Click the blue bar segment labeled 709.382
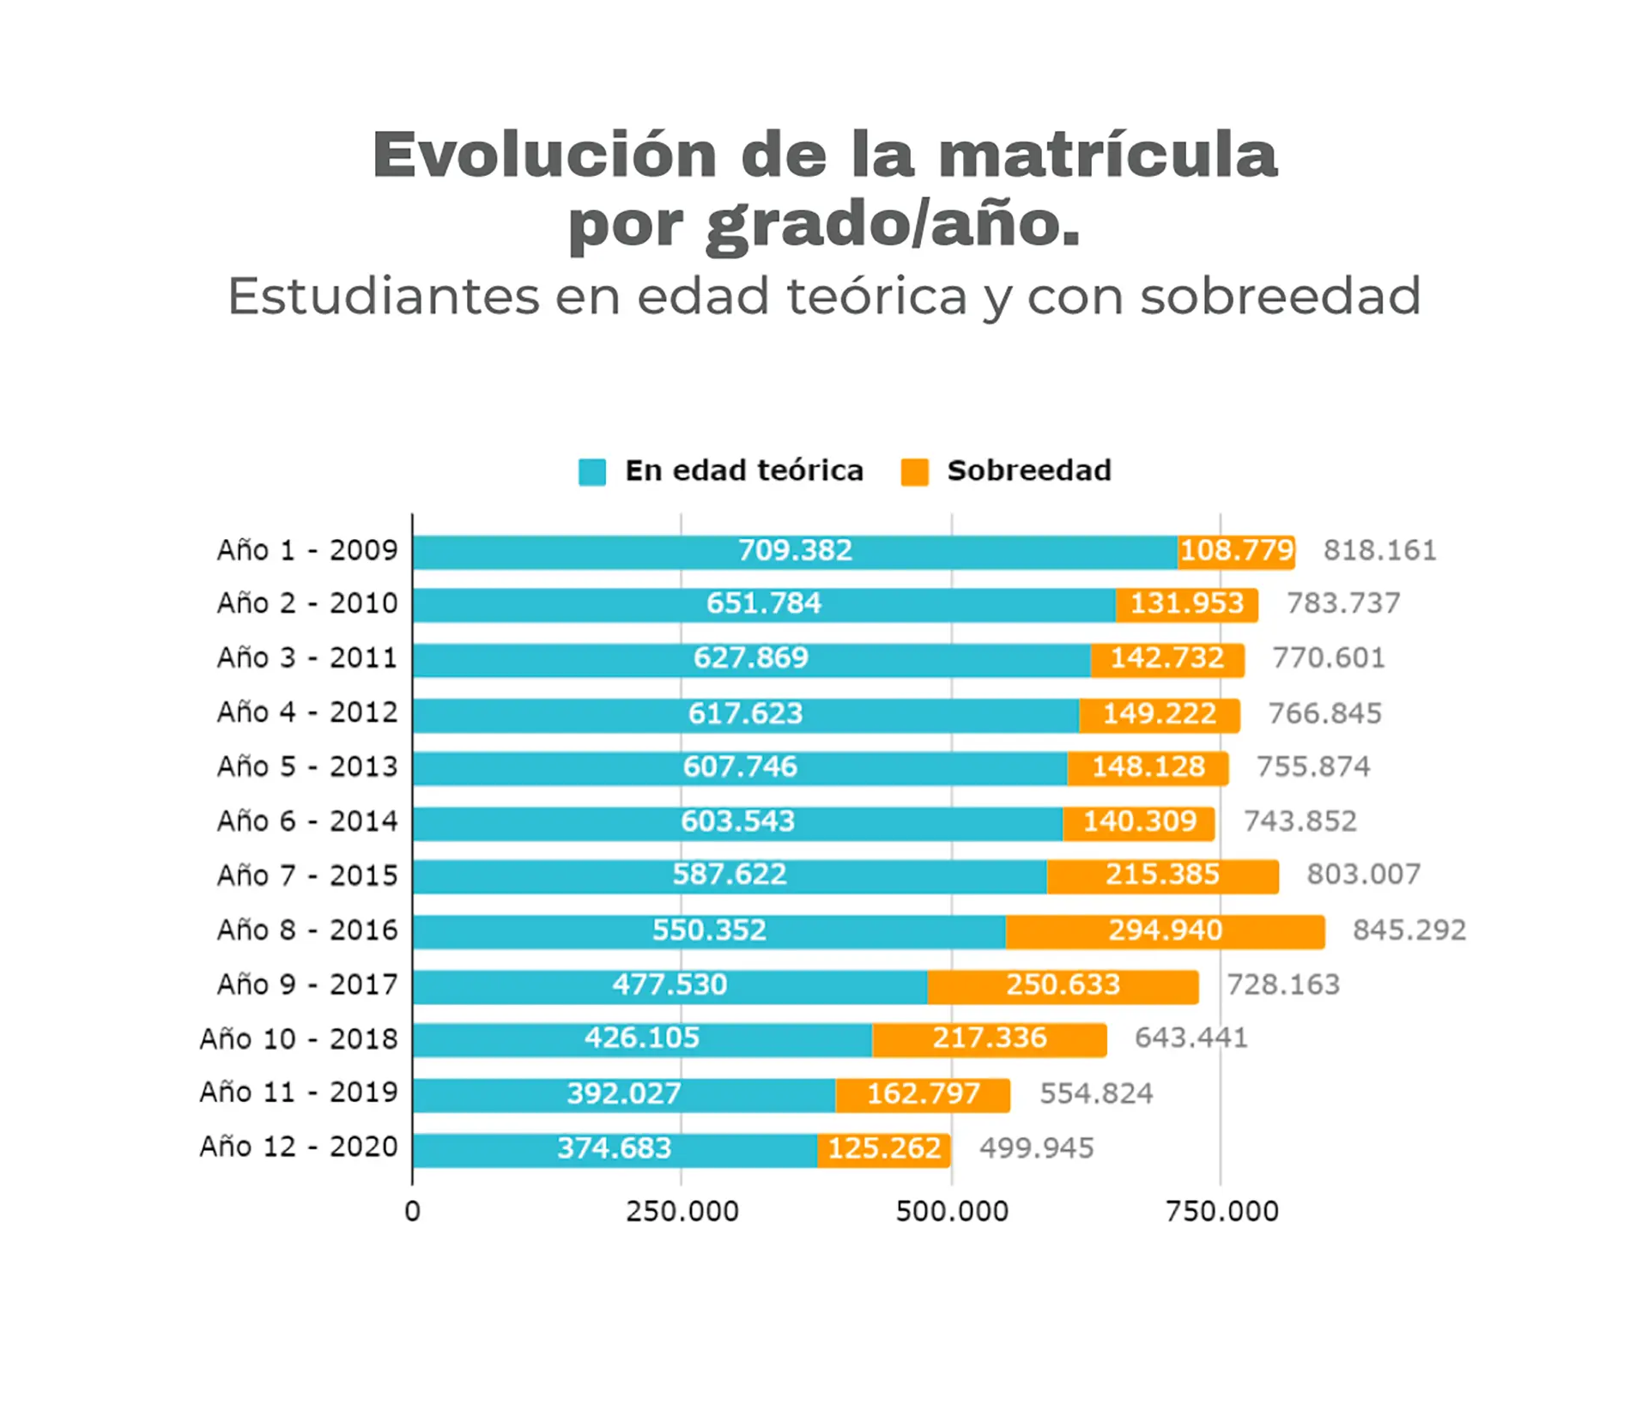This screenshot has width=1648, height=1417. click(x=795, y=552)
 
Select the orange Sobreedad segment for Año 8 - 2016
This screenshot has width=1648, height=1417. click(x=1165, y=932)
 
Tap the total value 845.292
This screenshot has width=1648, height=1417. click(x=1409, y=931)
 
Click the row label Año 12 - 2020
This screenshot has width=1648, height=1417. click(x=299, y=1148)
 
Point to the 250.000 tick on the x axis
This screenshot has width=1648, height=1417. click(x=682, y=1213)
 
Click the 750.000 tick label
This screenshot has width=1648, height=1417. click(x=1221, y=1213)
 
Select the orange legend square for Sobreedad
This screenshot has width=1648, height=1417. click(x=914, y=472)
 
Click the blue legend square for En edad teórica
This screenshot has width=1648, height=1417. click(x=592, y=472)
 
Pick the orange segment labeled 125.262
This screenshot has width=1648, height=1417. click(x=883, y=1150)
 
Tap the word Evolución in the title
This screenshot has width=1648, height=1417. click(x=544, y=155)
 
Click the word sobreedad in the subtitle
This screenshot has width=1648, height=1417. click(x=1280, y=297)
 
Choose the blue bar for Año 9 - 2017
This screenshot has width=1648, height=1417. click(x=669, y=986)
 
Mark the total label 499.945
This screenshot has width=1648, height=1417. click(x=1036, y=1149)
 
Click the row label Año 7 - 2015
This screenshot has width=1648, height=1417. click(x=307, y=876)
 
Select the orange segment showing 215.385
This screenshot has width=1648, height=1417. click(x=1162, y=876)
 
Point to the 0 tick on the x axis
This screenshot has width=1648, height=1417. click(x=413, y=1213)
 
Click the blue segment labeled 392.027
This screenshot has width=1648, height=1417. click(x=624, y=1095)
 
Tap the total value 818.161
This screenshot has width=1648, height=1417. click(x=1379, y=551)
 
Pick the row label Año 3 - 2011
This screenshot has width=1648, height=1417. click(x=307, y=658)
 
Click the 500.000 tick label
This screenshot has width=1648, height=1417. click(x=951, y=1213)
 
